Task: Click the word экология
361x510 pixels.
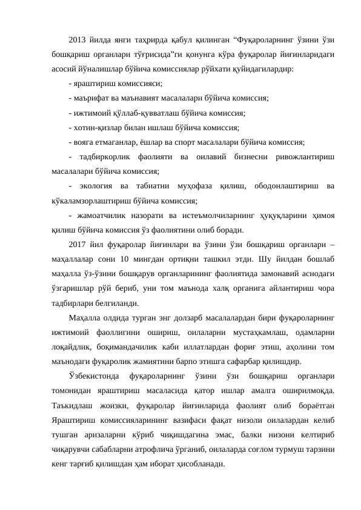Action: tap(98, 187)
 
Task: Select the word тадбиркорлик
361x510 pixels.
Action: tap(108, 157)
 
